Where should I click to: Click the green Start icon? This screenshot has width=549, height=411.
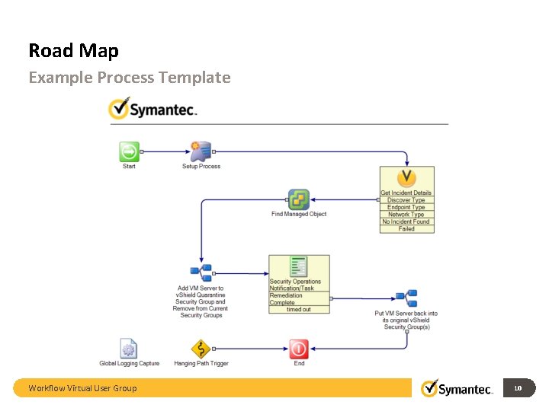[x=129, y=151]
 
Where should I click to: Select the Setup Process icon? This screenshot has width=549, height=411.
[x=201, y=151]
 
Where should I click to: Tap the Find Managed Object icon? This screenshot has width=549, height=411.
[x=299, y=199]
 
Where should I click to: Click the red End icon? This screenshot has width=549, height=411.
[x=299, y=349]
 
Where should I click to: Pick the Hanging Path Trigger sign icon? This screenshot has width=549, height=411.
[x=201, y=349]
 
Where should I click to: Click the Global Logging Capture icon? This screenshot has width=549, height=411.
[x=129, y=349]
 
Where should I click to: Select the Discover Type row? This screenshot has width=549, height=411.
[x=406, y=200]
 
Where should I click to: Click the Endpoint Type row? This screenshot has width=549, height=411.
[x=406, y=207]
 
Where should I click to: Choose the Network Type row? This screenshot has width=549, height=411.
[x=406, y=215]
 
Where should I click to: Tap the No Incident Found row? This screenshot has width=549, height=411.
[x=406, y=221]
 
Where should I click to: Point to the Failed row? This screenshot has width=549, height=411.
[x=406, y=228]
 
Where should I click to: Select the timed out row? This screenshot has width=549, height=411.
[x=299, y=309]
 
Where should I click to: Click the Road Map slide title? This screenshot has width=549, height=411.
[x=73, y=51]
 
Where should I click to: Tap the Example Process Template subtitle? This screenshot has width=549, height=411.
[x=129, y=78]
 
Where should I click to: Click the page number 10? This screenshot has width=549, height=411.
[x=518, y=388]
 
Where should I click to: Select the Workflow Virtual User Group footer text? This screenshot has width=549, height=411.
[x=82, y=388]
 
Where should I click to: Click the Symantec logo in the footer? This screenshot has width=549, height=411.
[x=457, y=388]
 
